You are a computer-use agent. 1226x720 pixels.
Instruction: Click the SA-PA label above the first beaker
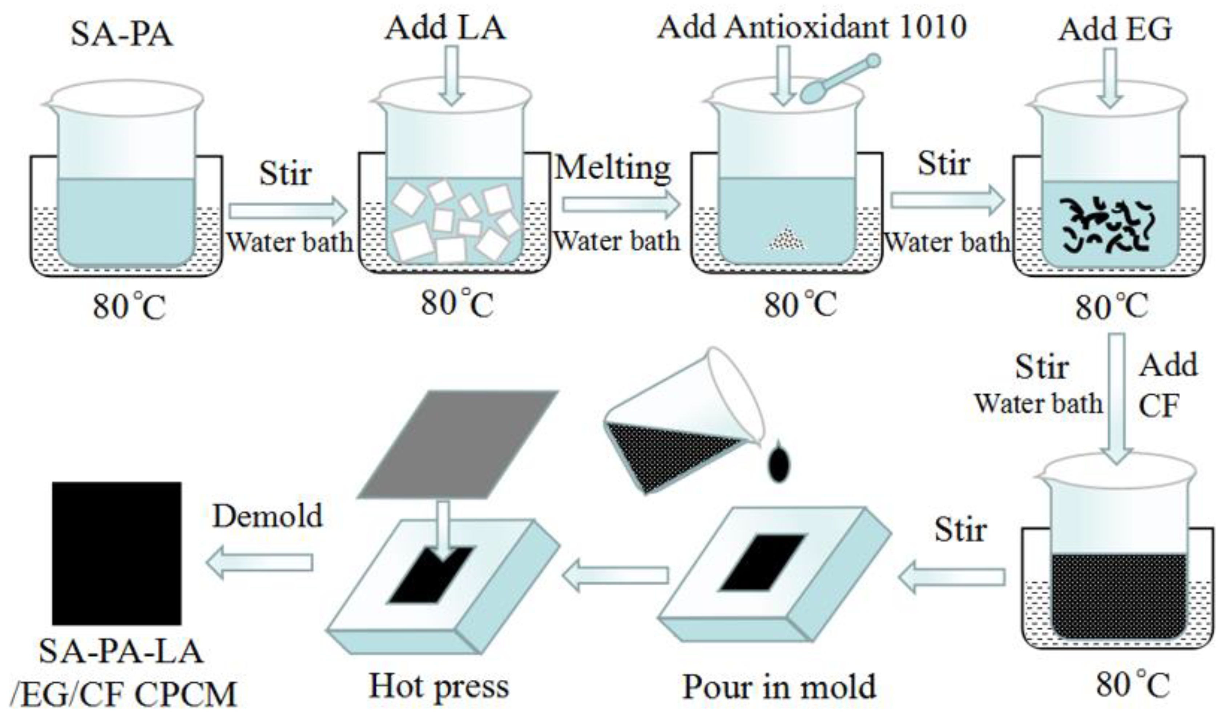click(x=122, y=35)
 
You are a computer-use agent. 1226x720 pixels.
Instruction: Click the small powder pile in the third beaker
click(x=787, y=240)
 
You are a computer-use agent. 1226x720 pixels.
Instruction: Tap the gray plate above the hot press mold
click(x=457, y=443)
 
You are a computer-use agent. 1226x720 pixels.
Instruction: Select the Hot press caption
click(x=439, y=687)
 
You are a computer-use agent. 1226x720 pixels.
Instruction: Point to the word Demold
click(x=267, y=516)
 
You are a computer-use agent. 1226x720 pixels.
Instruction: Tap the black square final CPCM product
click(x=117, y=553)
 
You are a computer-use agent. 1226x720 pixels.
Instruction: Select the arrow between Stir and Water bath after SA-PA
click(x=288, y=211)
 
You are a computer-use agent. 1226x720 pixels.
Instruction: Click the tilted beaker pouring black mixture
click(x=681, y=428)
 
